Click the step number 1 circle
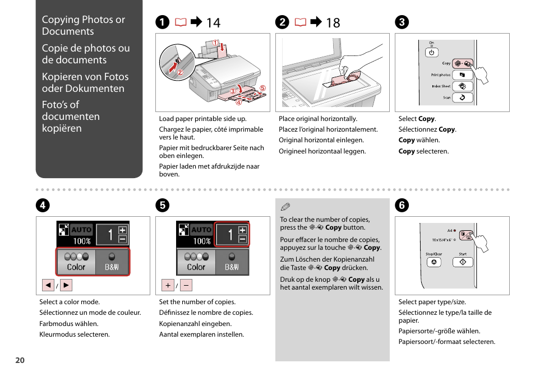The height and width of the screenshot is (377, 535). coord(162,22)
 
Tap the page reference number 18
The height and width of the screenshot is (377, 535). coord(333,22)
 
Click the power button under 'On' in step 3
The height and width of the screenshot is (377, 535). coord(431,53)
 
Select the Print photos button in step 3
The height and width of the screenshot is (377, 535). coord(463,75)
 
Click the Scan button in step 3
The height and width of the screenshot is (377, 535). coord(463,97)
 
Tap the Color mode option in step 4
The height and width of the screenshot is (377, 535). coord(76,262)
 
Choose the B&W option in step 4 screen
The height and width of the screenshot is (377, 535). coord(112,262)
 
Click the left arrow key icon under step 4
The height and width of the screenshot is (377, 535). coord(48,286)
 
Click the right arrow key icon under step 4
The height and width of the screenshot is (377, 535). coord(66,286)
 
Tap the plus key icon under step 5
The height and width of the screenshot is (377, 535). coord(168,286)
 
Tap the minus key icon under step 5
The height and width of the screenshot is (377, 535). coord(186,286)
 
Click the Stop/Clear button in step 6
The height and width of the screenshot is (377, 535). coord(433,262)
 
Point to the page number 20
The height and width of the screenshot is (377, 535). coord(20,361)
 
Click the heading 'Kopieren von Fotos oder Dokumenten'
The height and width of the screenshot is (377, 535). coord(85,82)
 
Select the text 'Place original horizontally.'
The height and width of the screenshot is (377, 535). coord(318,119)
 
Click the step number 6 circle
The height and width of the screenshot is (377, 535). coord(402,206)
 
